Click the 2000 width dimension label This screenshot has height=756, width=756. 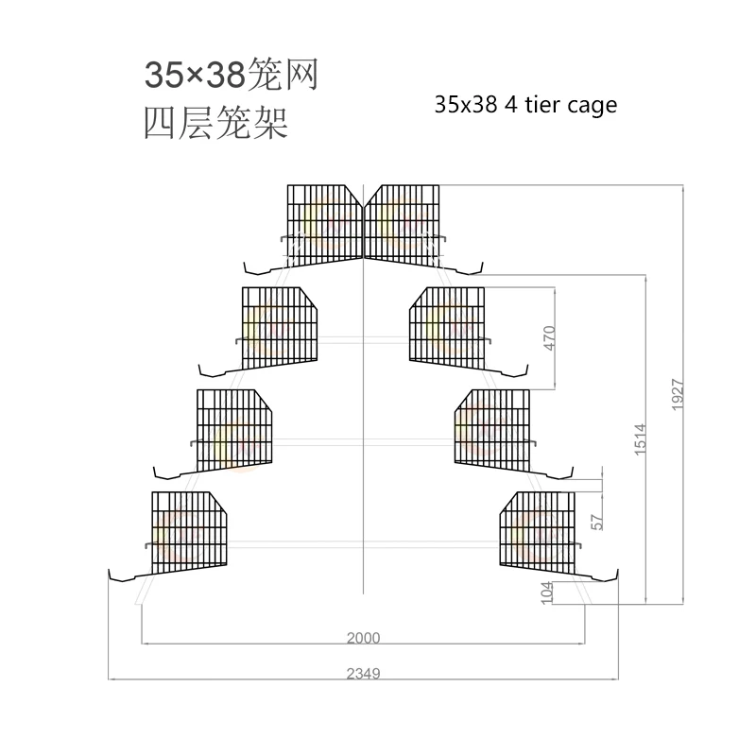(363, 638)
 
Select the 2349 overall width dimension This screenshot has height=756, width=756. (363, 673)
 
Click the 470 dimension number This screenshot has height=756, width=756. (551, 337)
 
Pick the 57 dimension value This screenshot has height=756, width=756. (596, 521)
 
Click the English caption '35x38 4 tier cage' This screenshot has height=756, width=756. (525, 104)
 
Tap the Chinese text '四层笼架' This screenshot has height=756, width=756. (215, 125)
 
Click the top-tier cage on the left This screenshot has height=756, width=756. (325, 222)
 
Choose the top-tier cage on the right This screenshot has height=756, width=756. (404, 222)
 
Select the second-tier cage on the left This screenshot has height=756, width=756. (280, 327)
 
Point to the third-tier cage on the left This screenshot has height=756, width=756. (234, 430)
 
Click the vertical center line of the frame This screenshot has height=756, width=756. (364, 425)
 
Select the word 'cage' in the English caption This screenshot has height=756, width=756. (593, 105)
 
